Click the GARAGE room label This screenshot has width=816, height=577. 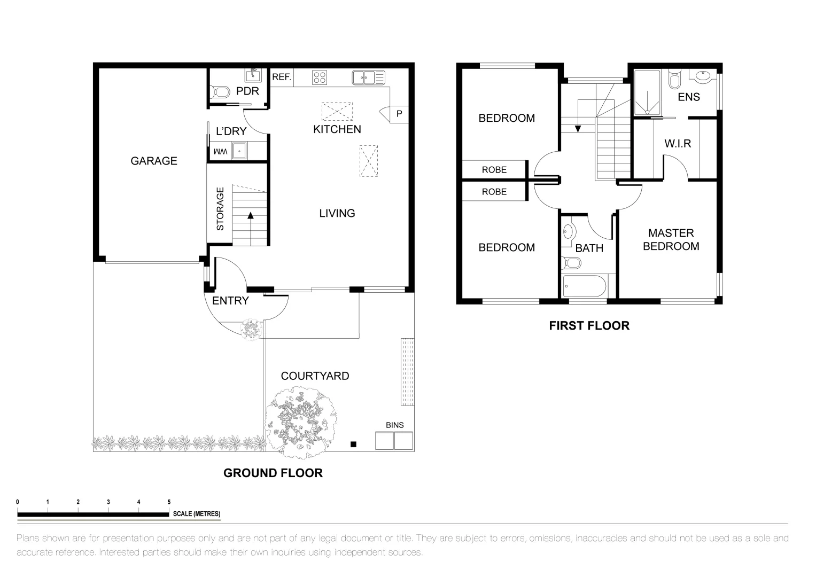click(154, 161)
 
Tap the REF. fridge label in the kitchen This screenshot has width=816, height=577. click(282, 77)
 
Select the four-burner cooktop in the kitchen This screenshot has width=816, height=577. click(320, 77)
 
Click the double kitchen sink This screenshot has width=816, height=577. click(368, 77)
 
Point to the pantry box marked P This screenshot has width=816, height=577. click(399, 114)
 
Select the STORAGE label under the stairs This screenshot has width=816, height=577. click(220, 209)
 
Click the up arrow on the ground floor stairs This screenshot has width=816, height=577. click(250, 216)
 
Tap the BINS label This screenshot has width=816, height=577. click(395, 425)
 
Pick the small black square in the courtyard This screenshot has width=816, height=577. click(353, 444)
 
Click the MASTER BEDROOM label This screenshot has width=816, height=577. click(671, 239)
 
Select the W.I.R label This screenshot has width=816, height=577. click(678, 144)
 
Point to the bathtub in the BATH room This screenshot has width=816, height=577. click(584, 286)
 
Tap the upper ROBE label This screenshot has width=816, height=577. click(494, 170)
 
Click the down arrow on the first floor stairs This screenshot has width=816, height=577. click(577, 128)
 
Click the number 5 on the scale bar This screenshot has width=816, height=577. click(169, 502)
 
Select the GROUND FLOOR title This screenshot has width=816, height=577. click(273, 473)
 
